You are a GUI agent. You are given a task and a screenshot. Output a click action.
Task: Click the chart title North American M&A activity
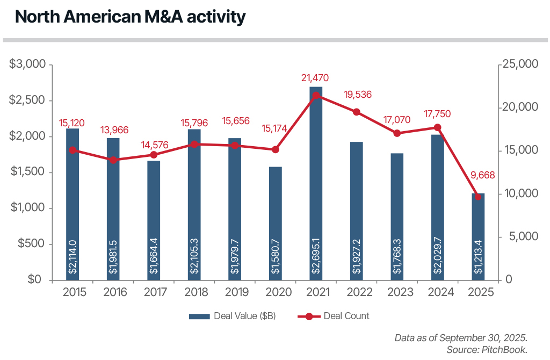click(x=130, y=17)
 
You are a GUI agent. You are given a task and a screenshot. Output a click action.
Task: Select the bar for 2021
click(x=316, y=183)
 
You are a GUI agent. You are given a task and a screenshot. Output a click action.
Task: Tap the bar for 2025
click(x=478, y=236)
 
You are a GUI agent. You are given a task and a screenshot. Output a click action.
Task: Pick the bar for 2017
click(x=154, y=220)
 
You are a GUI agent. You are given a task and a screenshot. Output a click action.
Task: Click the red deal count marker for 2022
click(x=357, y=112)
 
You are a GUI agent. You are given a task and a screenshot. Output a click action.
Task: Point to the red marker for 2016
click(x=113, y=160)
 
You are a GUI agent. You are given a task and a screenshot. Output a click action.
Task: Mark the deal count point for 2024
click(x=438, y=127)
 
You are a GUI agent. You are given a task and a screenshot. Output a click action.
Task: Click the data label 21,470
click(x=315, y=78)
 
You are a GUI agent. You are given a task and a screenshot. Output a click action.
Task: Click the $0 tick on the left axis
click(x=35, y=280)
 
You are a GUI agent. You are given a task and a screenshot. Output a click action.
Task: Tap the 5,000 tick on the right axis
click(x=522, y=237)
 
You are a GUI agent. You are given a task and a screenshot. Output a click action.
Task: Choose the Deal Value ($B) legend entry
click(x=232, y=316)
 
